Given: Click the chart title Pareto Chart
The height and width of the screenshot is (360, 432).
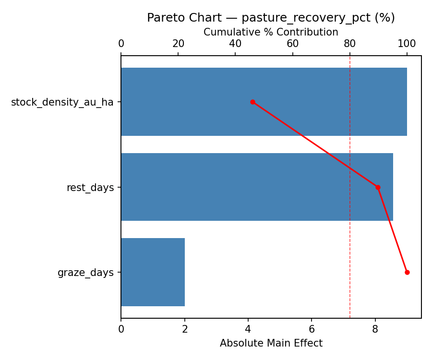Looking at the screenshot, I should (271, 18).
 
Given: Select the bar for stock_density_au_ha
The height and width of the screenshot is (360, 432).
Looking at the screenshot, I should (264, 102).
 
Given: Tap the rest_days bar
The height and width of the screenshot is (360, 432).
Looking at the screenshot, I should (257, 187).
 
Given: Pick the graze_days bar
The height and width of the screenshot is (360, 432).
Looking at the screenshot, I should (153, 272).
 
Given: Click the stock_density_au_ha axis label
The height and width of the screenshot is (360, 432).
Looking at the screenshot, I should (62, 102).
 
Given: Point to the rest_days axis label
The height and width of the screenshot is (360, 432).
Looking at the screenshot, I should (90, 188).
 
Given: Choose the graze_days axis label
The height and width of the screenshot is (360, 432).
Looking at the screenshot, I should (85, 273).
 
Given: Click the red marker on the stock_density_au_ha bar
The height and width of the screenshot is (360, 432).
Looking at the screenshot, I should (252, 102).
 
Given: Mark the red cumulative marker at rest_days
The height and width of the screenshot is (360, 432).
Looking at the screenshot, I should (378, 187).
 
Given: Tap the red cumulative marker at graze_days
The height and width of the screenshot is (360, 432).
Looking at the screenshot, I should (407, 272).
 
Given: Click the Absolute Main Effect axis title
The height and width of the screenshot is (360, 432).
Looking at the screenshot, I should (271, 343).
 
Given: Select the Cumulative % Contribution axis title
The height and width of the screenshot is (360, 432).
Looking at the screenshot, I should (271, 32).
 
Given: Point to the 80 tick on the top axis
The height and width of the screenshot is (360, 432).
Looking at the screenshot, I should (350, 44).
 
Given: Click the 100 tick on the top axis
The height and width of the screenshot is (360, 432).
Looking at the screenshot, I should (407, 44).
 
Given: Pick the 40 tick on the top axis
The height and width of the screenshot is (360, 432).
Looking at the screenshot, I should (235, 44).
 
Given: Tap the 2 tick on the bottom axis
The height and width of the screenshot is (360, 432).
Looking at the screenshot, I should (185, 329).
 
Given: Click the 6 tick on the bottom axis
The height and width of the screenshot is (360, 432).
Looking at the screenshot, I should (312, 329).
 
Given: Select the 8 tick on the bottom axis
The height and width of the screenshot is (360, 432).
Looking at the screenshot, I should (375, 329).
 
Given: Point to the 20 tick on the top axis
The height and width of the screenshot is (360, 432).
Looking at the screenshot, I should (178, 44).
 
